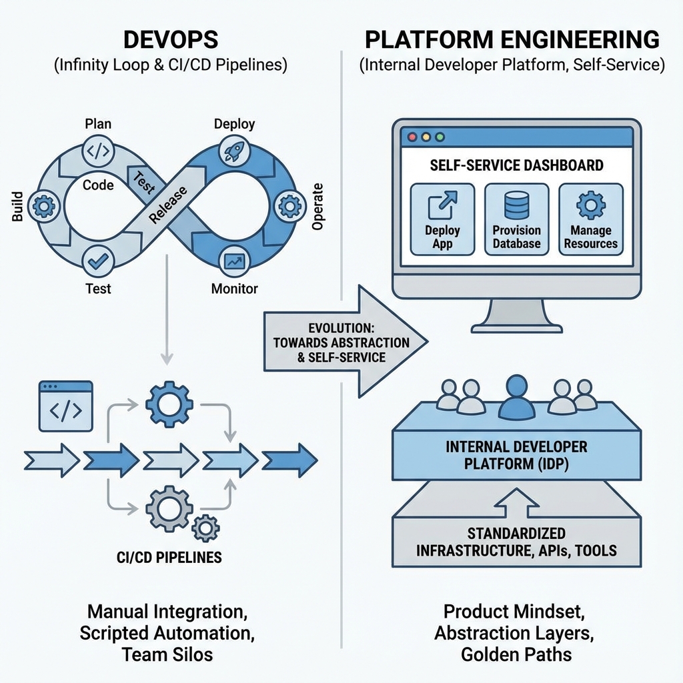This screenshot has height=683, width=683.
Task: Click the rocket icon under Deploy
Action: coord(233,151)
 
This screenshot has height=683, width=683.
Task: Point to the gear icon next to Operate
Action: coord(289,207)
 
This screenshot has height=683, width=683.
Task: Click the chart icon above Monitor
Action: coord(234,262)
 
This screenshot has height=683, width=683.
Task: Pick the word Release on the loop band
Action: coord(167,204)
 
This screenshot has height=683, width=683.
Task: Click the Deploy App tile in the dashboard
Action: coord(442,219)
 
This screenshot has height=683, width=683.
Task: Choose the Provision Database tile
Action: coord(516,219)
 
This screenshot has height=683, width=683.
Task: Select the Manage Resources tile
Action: coord(590,219)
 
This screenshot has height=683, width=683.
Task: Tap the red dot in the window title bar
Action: coord(412,137)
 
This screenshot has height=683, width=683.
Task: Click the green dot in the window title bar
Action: coord(439,137)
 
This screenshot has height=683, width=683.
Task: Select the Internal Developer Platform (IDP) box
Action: coord(517,455)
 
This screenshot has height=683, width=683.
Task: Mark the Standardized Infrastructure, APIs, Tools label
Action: coord(517,542)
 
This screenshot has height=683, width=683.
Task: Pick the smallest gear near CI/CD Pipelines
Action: coord(205,528)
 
